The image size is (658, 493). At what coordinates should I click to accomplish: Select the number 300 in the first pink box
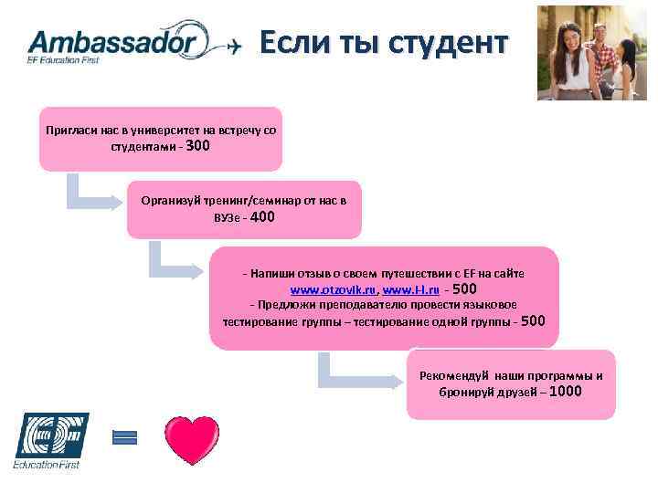pos(197,144)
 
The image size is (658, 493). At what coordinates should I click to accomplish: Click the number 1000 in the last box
pos(566,392)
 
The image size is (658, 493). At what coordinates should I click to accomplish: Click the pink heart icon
pos(192,440)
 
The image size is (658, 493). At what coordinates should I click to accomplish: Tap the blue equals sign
pos(124,437)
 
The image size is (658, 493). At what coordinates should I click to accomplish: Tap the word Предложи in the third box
pos(282,304)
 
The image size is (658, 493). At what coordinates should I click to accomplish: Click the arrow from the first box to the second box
pos(91,194)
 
